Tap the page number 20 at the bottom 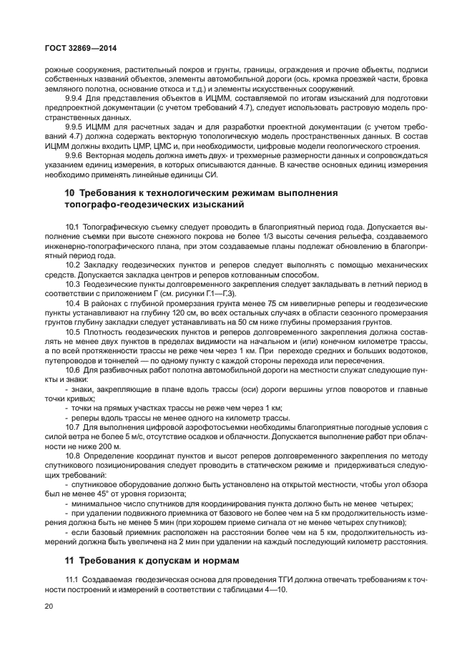click(x=49, y=605)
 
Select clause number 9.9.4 click(x=75, y=98)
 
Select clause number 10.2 click(x=73, y=265)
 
